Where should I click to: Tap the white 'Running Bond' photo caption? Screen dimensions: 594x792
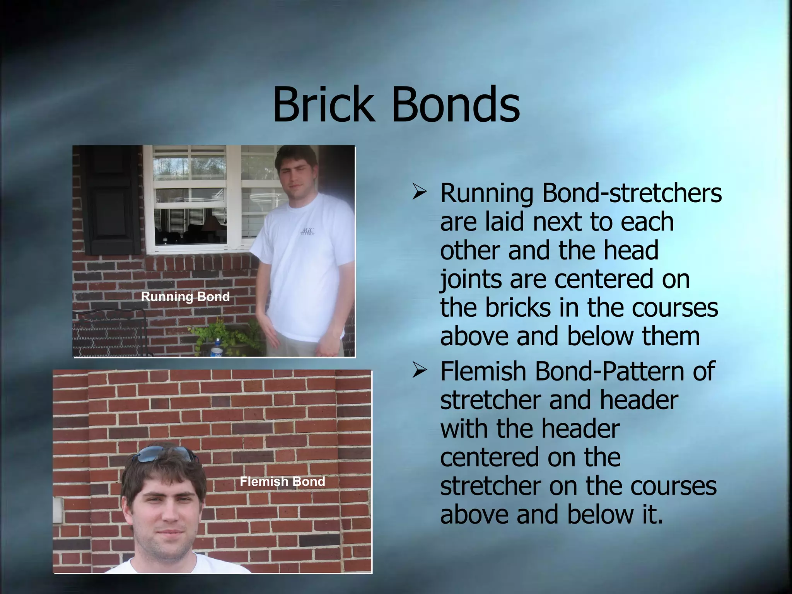[x=185, y=297]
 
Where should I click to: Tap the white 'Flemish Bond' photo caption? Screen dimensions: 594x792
[x=282, y=481]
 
